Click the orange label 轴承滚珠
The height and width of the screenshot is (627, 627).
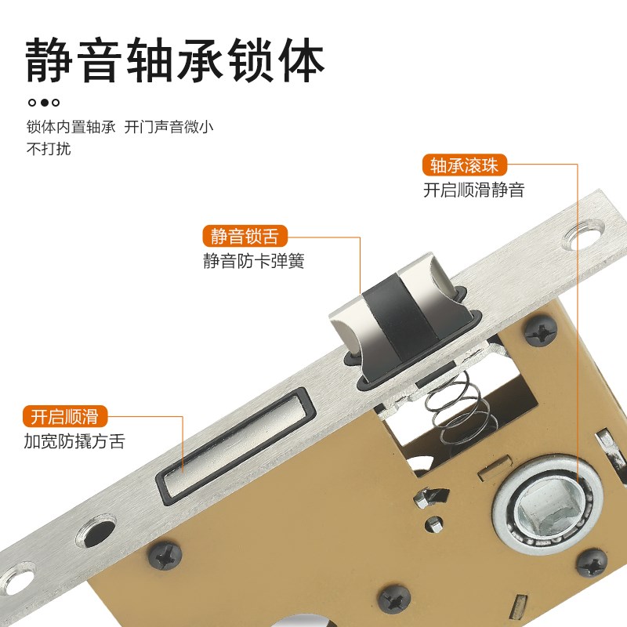pyautogui.click(x=465, y=165)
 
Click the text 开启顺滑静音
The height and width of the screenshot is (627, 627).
pyautogui.click(x=473, y=190)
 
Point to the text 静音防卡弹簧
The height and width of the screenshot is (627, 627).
pyautogui.click(x=253, y=260)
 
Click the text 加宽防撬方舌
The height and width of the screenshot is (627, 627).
pyautogui.click(x=74, y=440)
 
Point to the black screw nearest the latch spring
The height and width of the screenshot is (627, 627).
pyautogui.click(x=541, y=331)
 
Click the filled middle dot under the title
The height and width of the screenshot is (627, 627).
pyautogui.click(x=45, y=102)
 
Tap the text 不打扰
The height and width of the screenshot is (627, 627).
pyautogui.click(x=49, y=149)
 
